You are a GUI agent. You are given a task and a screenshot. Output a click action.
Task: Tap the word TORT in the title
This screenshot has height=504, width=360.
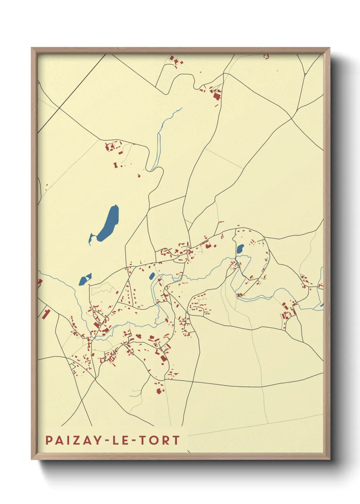coord(163,440)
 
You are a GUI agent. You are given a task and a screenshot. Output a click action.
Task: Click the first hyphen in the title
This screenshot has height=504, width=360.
coord(107,441)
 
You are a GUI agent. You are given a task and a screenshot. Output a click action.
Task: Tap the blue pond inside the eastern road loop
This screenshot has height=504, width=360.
coord(240,249)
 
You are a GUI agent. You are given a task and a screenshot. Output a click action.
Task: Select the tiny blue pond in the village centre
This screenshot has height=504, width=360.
coord(152,276)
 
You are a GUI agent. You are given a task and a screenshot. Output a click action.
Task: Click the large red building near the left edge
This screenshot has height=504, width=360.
coord(45,314)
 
